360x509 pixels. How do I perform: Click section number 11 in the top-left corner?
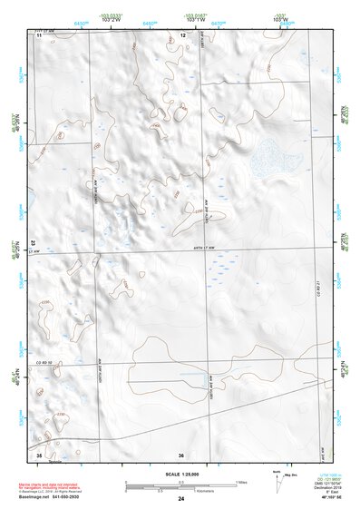pos(39,34)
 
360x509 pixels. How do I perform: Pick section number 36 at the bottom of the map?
pos(181,455)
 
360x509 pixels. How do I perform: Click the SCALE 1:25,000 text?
pos(181,474)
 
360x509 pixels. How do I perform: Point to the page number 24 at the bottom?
pos(181,499)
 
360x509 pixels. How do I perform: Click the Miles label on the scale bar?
pos(240,482)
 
